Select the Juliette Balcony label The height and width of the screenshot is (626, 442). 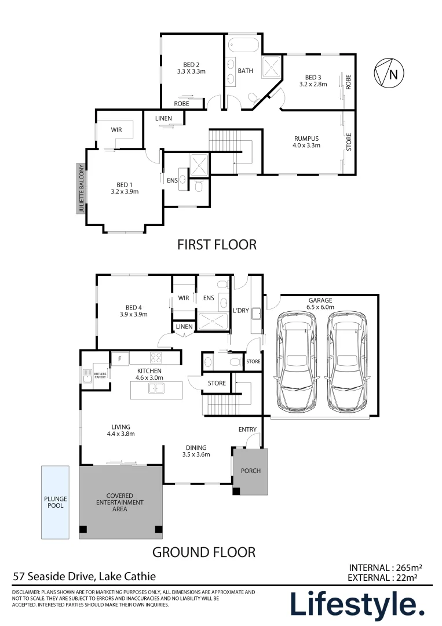point(82,188)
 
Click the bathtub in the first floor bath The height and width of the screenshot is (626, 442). point(244,45)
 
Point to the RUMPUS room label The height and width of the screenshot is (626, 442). point(306,139)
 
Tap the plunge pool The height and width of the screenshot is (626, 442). point(55,502)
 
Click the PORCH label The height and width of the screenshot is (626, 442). point(250,471)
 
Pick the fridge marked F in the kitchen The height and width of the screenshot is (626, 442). point(120,359)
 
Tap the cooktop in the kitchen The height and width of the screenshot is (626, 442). point(156,357)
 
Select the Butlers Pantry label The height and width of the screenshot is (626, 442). point(100,375)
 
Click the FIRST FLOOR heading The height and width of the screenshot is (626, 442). point(217,245)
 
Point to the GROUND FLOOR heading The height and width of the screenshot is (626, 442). point(203,552)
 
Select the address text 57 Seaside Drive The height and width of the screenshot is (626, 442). point(54,577)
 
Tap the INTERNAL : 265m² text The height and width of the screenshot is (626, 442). point(385,567)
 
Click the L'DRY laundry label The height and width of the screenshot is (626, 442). point(240,310)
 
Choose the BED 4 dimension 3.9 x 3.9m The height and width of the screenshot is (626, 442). point(134,314)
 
